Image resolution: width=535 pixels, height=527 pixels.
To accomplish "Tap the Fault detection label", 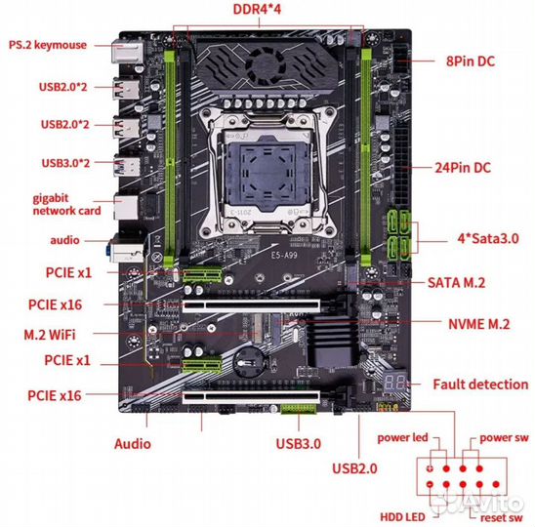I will click(479, 384).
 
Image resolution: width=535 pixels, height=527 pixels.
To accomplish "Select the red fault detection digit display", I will click(396, 383).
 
